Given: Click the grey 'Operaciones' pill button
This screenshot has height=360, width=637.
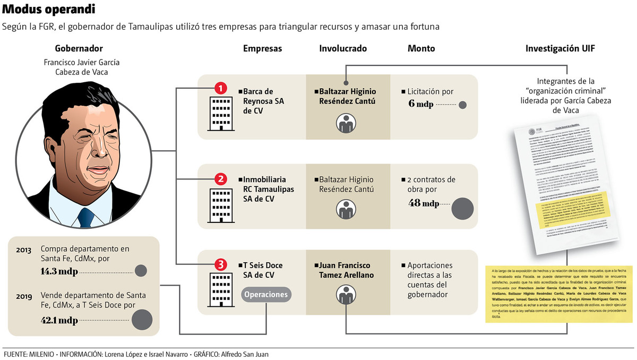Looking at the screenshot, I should pyautogui.click(x=266, y=295).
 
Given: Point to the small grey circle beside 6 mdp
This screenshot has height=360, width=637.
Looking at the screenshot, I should pyautogui.click(x=462, y=105).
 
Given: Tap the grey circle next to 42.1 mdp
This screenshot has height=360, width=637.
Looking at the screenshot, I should pyautogui.click(x=142, y=320).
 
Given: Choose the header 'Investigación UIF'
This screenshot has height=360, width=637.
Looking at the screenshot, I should pyautogui.click(x=559, y=48).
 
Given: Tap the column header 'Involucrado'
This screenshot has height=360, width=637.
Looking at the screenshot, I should pyautogui.click(x=342, y=48).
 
